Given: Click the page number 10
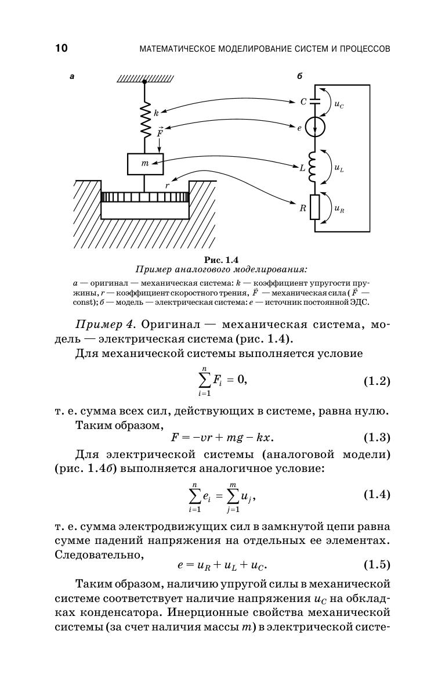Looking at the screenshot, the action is coord(61,48).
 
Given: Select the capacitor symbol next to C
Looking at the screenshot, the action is coord(314,101).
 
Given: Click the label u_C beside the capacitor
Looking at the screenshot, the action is coord(339,105).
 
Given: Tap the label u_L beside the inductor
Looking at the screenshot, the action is coord(339,167).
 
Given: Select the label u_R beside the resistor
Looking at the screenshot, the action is coord(339,209).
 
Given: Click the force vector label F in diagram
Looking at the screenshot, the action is coord(160,131).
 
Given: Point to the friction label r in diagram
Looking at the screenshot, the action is coord(167,185).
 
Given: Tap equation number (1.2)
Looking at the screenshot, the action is coord(377,381).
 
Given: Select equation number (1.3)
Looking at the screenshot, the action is coord(377,437).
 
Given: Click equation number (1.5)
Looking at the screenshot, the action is coord(377,565).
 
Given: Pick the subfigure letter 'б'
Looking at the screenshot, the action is coord(299,77).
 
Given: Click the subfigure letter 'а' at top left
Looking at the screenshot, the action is coord(72,77).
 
